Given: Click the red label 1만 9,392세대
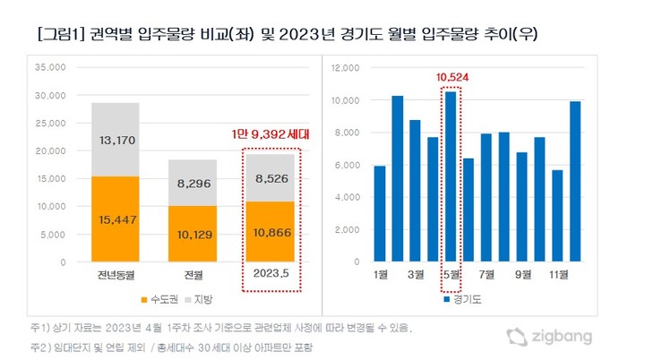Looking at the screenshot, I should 270,136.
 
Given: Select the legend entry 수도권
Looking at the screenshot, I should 159,297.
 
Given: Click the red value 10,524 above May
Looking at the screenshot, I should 451,78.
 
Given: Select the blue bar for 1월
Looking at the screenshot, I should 380,214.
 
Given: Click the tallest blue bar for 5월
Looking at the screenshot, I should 451,176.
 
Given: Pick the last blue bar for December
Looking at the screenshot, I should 574,182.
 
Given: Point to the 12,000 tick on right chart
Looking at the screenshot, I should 345,67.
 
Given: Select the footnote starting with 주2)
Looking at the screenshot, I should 170,346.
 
